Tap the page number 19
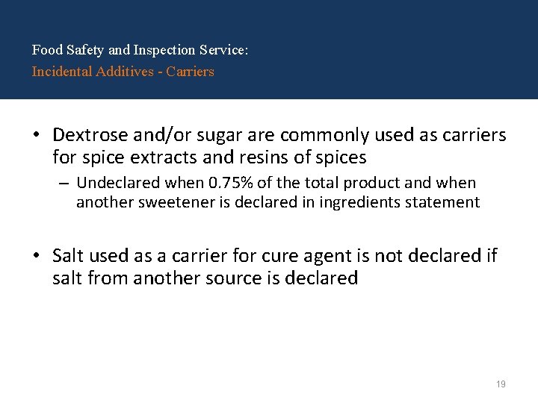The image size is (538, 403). (501, 384)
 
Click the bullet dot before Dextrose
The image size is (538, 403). (36, 136)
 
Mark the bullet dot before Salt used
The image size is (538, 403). (36, 257)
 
